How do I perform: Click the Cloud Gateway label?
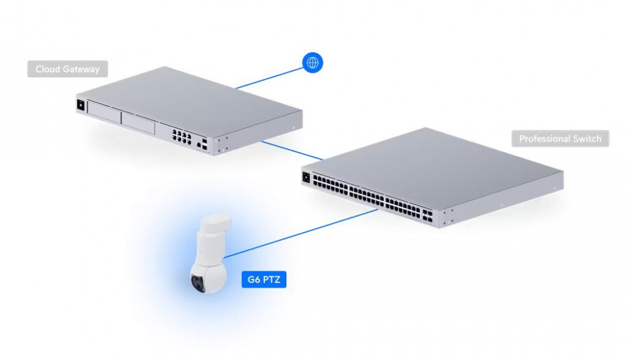[67, 69]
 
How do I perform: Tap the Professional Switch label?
[560, 139]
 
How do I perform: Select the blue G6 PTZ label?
[264, 280]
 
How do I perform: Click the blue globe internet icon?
[312, 63]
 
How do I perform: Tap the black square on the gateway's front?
[81, 105]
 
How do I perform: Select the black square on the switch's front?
[307, 177]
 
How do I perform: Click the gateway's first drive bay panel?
[104, 112]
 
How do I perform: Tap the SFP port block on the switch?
[427, 215]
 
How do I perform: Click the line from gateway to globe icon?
[269, 78]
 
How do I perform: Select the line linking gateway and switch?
[292, 150]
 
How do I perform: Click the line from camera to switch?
[300, 233]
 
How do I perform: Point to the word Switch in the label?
[587, 139]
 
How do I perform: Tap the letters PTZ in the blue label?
[271, 280]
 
